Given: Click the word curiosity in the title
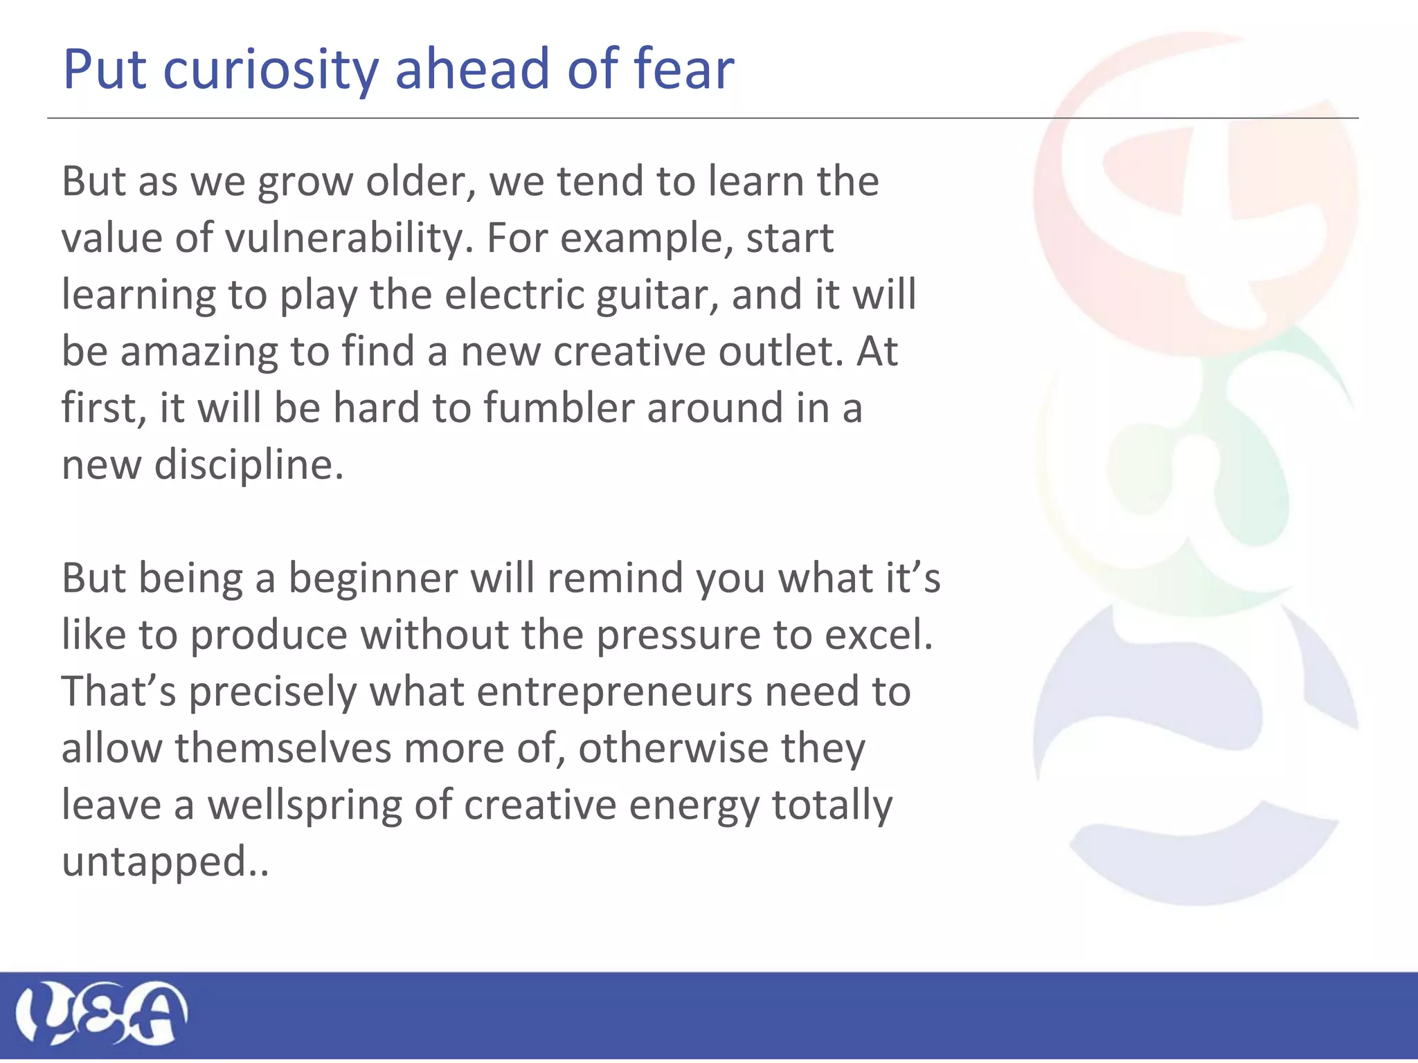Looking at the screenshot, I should [271, 70].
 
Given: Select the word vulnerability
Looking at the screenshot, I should [348, 239].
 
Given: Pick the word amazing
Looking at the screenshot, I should [198, 352].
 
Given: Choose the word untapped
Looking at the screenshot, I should [154, 863].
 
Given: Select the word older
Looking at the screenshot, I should [421, 182].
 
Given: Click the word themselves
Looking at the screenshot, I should [282, 749].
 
